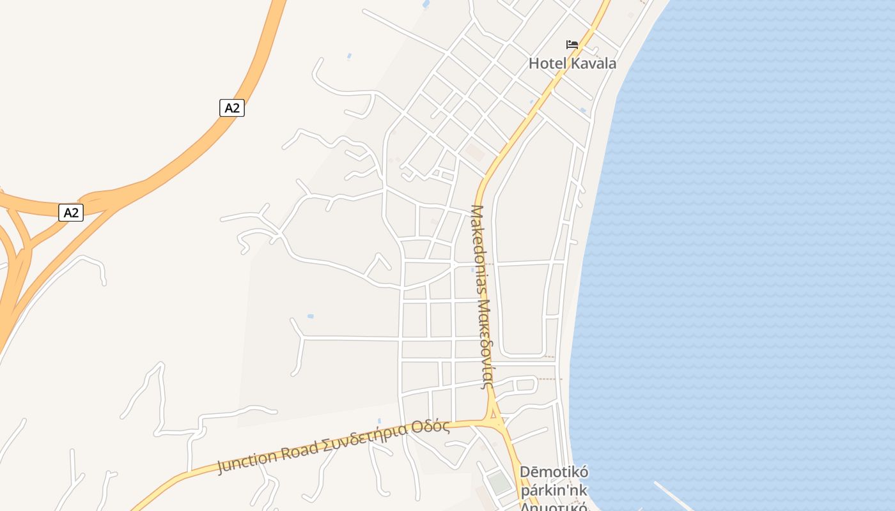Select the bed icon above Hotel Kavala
[x=572, y=44]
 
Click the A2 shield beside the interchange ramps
[x=71, y=213]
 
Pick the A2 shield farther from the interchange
[x=232, y=108]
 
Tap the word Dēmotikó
[x=554, y=473]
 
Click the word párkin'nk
[x=554, y=491]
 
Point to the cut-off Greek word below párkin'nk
[x=554, y=507]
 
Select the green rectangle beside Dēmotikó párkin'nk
[x=500, y=483]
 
